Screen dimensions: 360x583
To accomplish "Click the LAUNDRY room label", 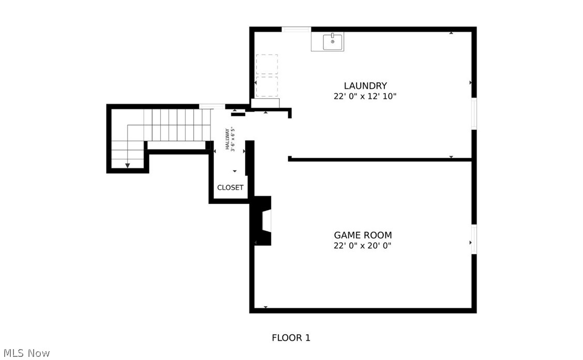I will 365,86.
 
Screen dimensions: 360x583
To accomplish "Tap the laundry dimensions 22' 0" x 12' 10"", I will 365,96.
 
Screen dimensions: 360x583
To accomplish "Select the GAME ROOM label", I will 363,235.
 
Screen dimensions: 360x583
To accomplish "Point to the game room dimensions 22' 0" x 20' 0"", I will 363,246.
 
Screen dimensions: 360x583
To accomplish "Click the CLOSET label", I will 230,188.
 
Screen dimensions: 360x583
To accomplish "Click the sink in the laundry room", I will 333,41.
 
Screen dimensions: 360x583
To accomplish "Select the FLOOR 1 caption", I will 291,338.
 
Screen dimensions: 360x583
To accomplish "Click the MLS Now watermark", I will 25,353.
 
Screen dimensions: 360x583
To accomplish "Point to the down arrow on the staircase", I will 127,165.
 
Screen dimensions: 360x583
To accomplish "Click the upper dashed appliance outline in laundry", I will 267,64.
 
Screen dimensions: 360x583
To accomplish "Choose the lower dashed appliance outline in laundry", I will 267,86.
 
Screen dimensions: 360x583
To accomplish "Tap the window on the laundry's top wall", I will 296,29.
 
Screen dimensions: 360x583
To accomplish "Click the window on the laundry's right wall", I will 473,113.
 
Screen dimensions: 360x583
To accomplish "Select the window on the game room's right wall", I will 473,239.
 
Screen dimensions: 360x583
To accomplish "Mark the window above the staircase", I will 212,107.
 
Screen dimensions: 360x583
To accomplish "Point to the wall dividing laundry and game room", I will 380,159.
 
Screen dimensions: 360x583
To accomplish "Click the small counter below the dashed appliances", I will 265,103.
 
